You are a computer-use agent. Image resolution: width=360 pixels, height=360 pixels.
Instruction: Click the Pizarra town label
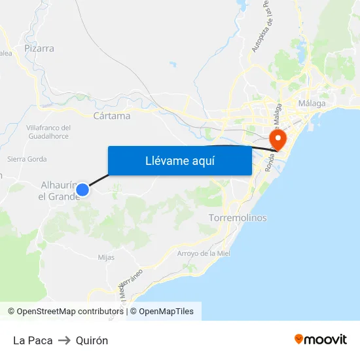pos(39,48)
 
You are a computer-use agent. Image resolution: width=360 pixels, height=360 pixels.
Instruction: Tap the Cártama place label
pos(112,116)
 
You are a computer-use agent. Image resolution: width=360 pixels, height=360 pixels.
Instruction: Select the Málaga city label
pos(312,103)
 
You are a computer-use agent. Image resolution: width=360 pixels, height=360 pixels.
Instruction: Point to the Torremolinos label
pos(238,218)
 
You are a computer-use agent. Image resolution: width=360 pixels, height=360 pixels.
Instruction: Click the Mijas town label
pos(106,257)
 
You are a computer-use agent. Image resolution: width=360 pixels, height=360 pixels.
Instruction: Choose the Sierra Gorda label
pos(27,158)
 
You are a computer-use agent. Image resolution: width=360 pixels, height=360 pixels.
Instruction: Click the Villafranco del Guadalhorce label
pos(48,132)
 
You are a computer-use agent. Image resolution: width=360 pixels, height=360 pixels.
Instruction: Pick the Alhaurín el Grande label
pos(58,190)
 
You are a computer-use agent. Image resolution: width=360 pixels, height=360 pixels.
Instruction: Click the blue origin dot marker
pos(82,190)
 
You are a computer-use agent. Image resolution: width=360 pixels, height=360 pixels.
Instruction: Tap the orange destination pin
pos(278,139)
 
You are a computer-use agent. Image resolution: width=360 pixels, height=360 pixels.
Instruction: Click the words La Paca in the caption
pos(33,340)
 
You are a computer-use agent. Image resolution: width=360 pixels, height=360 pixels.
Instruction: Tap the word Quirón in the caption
pos(92,340)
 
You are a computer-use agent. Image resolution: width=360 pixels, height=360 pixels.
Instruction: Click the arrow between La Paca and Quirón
pos(64,340)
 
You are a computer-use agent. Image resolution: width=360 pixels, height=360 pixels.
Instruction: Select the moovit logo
pos(321,340)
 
